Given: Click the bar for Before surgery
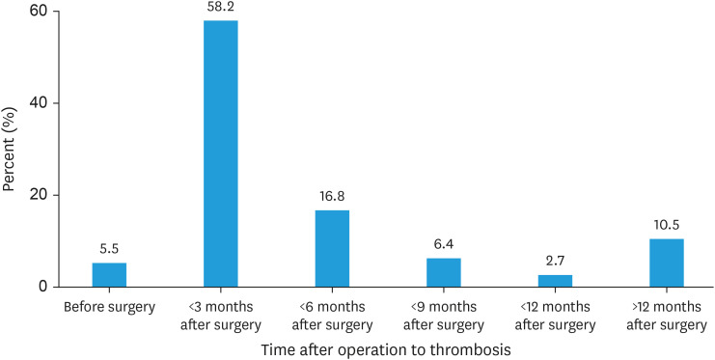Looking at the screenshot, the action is click(109, 275).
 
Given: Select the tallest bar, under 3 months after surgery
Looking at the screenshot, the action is click(221, 153).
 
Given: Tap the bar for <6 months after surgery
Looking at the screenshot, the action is click(333, 249).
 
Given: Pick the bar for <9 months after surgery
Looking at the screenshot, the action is click(444, 272).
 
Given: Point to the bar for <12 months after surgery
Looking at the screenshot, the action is click(556, 281).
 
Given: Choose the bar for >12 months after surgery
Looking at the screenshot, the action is click(667, 263).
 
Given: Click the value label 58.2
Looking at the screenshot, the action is click(221, 7).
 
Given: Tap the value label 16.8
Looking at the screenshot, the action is click(333, 196).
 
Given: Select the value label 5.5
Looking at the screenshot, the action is click(109, 249).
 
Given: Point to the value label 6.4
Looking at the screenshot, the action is click(444, 244).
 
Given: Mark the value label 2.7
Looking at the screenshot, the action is click(556, 261).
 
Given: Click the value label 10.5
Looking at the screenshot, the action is click(667, 225).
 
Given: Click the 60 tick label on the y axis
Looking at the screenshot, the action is click(40, 12).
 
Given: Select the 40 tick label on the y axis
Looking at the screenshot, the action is click(40, 103).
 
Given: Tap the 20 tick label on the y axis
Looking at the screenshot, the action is click(40, 195).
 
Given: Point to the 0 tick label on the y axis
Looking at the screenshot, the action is click(43, 287).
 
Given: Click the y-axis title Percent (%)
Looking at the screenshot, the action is click(10, 150).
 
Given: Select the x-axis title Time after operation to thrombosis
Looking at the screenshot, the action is click(386, 350).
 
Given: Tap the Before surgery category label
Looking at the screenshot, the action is click(109, 307).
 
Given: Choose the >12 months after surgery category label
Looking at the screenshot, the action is click(667, 317).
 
